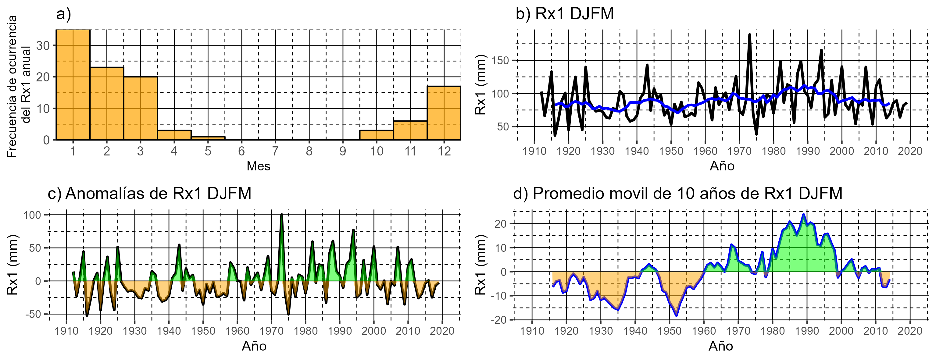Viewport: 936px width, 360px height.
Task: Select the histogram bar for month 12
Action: click(x=444, y=113)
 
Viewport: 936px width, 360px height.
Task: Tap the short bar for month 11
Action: click(x=410, y=130)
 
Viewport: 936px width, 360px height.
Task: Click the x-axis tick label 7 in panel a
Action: click(x=275, y=151)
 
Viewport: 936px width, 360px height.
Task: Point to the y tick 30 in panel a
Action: click(x=43, y=46)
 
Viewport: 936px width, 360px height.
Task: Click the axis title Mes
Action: click(x=258, y=166)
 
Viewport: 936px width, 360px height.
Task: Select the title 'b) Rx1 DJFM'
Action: click(x=564, y=14)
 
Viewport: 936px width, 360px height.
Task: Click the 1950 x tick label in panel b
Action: click(x=671, y=151)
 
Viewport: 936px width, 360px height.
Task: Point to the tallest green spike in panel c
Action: click(x=282, y=215)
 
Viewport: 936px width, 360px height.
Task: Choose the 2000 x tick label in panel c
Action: click(x=373, y=331)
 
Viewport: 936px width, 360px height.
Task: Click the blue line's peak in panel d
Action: click(x=803, y=215)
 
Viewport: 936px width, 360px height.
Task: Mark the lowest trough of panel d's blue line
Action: click(x=676, y=315)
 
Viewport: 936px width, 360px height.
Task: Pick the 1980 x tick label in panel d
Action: click(x=773, y=331)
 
